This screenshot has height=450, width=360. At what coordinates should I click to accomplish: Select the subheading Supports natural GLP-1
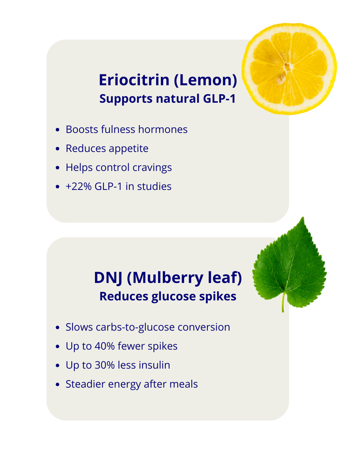167,99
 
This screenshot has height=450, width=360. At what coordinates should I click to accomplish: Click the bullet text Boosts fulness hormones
126,129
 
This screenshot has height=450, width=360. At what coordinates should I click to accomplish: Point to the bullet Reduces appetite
107,148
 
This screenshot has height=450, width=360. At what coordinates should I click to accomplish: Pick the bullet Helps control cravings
119,167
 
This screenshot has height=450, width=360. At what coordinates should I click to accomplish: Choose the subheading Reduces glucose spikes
167,297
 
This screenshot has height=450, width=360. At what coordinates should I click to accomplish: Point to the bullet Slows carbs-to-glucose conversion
148,327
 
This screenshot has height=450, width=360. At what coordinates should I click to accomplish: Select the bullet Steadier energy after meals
132,384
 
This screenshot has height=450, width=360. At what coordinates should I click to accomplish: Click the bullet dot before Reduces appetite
58,149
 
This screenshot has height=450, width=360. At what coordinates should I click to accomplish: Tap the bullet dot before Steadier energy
58,384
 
